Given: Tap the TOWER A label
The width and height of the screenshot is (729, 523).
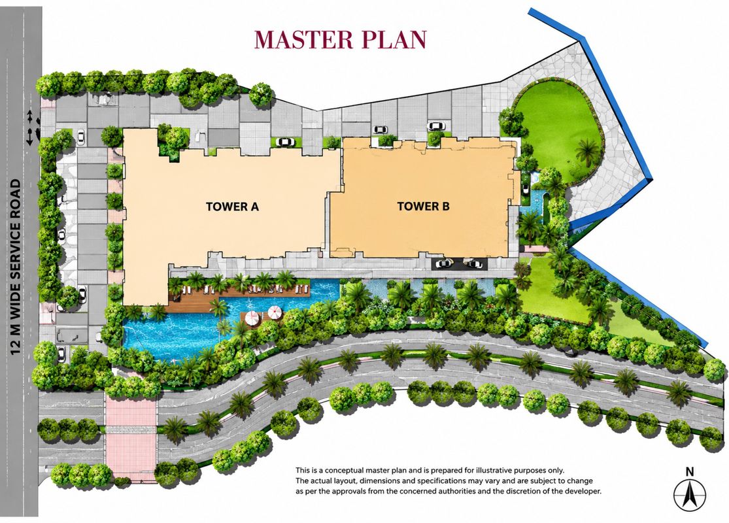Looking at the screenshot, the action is (x=232, y=207).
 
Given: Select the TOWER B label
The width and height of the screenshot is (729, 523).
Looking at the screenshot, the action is (x=423, y=206).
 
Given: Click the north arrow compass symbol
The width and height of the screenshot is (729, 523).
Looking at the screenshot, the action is (x=690, y=494).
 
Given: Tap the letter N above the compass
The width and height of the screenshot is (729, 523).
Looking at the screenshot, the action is (x=690, y=471).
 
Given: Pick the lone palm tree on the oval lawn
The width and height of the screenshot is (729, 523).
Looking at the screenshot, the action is (x=586, y=151).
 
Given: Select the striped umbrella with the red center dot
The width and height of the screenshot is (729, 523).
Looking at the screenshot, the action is (x=275, y=312).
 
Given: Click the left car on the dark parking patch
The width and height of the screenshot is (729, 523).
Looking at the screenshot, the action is (x=444, y=263).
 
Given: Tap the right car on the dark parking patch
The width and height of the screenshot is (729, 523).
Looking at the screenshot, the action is (x=474, y=263).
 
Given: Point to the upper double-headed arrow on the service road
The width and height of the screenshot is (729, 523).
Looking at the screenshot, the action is (x=30, y=114).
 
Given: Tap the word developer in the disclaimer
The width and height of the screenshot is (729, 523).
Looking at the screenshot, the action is (x=583, y=491).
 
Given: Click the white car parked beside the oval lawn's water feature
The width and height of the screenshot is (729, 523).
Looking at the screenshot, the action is (x=526, y=189).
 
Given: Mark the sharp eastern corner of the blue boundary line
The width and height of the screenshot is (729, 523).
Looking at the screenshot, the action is (x=652, y=179).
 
